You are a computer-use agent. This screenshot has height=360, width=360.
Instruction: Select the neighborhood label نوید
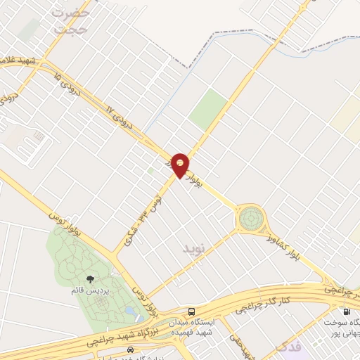click(197, 248)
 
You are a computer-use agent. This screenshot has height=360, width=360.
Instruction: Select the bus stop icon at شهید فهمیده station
click(191, 311)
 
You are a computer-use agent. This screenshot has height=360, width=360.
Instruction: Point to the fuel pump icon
click(346, 311)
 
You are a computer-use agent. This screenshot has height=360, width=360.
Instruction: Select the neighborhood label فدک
click(289, 348)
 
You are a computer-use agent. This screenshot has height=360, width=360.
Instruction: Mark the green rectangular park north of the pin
click(208, 109)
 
